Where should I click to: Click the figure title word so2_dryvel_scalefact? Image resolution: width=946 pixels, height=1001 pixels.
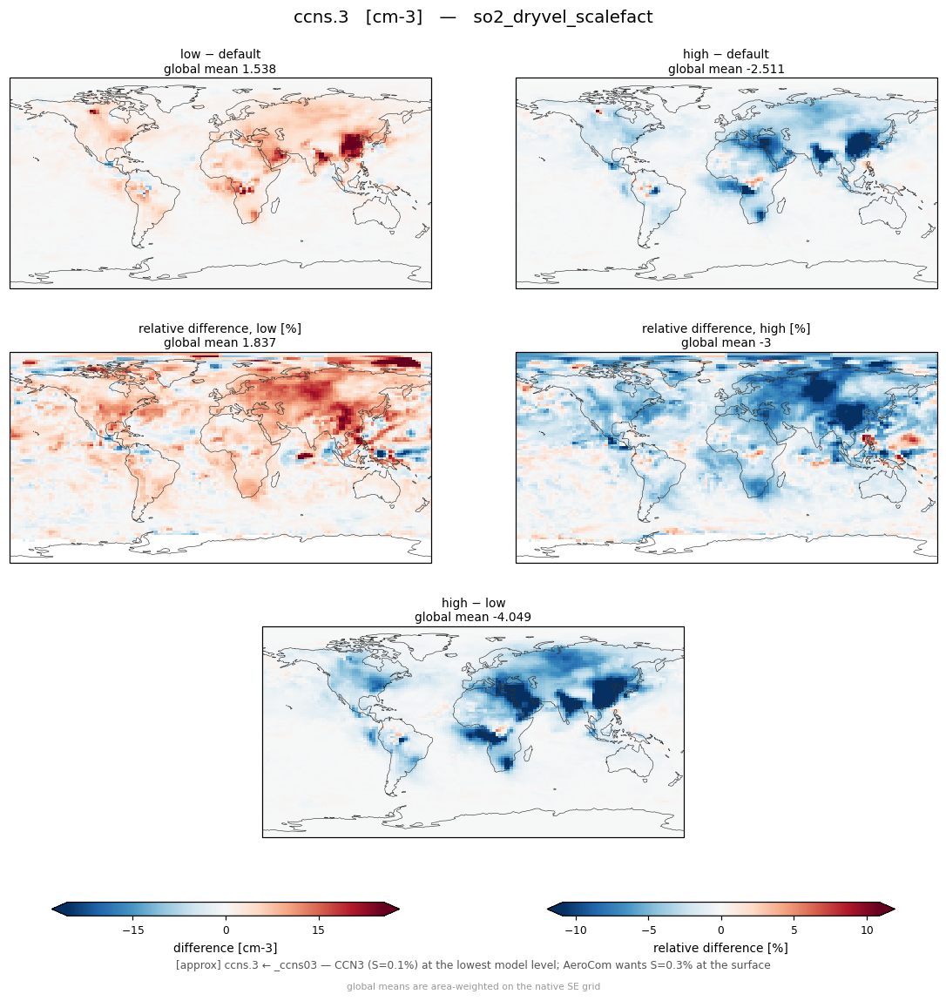[x=563, y=17]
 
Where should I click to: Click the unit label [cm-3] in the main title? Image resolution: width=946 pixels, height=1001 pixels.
[x=394, y=17]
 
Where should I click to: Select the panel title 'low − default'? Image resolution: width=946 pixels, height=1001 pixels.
[x=220, y=54]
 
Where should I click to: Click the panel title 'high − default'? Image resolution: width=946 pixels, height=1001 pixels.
[x=726, y=54]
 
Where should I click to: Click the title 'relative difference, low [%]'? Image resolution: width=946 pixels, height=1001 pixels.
[x=220, y=328]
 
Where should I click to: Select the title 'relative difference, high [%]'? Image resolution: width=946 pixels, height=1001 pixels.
[x=726, y=328]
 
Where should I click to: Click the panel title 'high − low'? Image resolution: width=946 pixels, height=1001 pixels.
[x=473, y=603]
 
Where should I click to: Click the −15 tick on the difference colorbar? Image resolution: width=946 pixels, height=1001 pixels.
[x=133, y=930]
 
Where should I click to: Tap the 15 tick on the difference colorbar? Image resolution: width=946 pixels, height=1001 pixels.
[x=318, y=930]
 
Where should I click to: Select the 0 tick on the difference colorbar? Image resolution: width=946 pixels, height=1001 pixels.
[x=226, y=930]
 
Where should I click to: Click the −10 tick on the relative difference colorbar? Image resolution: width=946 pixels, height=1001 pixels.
[x=576, y=930]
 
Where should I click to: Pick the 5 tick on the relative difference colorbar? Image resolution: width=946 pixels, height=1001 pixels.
[x=794, y=930]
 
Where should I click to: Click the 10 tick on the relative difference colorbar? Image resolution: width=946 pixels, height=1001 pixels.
[x=867, y=930]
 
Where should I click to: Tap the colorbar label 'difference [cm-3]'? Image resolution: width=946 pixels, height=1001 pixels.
[x=226, y=948]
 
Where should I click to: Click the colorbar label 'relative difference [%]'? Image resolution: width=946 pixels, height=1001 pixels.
[x=720, y=948]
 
